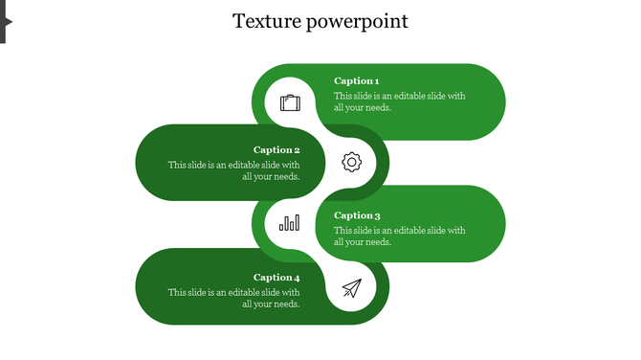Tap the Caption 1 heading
coord(356,81)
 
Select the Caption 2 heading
coord(276,149)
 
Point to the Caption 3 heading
coord(357,215)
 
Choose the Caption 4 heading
coord(276,278)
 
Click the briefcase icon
coord(290,102)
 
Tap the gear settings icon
coord(352,162)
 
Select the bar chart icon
coord(289,223)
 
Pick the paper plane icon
coord(352,287)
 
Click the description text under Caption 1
coord(399,101)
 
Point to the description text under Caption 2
coord(234,170)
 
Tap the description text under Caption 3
coord(399,236)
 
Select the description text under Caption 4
coord(234,298)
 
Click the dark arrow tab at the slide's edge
coord(4,19)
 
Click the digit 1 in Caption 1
coord(376,81)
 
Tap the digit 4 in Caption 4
coord(297,278)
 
